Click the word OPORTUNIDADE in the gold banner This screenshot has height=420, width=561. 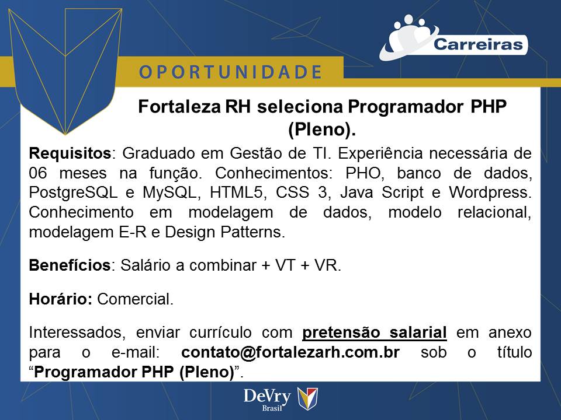pyautogui.click(x=230, y=72)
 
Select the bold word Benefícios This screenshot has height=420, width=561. pyautogui.click(x=70, y=265)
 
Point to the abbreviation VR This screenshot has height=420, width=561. pyautogui.click(x=327, y=265)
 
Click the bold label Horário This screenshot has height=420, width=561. pyautogui.click(x=61, y=300)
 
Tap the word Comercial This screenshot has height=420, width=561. pyautogui.click(x=135, y=300)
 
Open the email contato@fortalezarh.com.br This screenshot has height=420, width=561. pyautogui.click(x=290, y=353)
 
